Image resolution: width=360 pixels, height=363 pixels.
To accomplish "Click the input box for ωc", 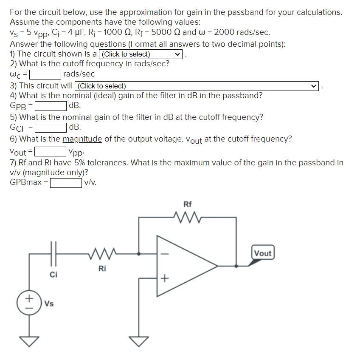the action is (x=45, y=74).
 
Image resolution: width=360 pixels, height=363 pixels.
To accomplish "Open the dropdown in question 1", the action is (x=140, y=54).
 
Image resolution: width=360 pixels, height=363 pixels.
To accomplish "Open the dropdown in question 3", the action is (x=197, y=86).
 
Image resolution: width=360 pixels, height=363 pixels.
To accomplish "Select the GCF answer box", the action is (x=51, y=127).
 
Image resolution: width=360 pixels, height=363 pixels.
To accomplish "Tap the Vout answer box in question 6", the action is (x=50, y=151).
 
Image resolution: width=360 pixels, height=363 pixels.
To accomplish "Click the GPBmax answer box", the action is (x=66, y=183).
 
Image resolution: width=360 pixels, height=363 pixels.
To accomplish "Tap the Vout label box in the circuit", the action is (x=262, y=253).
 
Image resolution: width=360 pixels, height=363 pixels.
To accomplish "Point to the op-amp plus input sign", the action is (x=164, y=278).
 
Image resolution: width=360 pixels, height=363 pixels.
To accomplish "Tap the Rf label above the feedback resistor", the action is (x=187, y=204).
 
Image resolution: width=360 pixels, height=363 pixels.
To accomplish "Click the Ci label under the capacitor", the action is (x=53, y=274).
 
